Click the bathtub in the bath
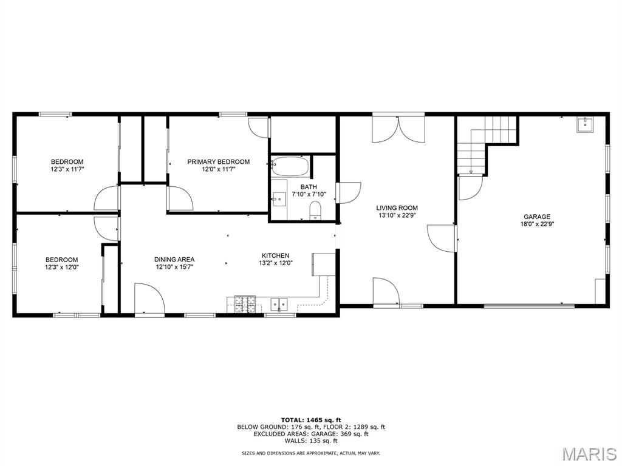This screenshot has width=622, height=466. pos(290,167)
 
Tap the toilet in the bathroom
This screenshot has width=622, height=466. pos(315,210)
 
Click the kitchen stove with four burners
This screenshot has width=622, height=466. pos(245,305)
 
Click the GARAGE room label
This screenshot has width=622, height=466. pos(537,217)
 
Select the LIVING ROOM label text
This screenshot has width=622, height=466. pos(397,208)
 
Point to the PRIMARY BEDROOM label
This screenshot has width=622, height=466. pos(219,161)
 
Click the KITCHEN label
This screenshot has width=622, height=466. pos(275,255)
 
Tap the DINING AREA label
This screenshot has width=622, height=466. pos(174,260)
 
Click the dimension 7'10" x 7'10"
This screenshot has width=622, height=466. pos(309,194)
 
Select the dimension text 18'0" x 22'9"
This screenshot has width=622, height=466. pos(537,224)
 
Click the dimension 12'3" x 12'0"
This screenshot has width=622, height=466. pos(61,267)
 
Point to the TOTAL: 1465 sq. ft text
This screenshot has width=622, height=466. pos(311,420)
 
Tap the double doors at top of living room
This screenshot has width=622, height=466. pos(398,127)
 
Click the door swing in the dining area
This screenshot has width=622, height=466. pos(149,299)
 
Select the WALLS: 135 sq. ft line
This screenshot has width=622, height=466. pos(311,441)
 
